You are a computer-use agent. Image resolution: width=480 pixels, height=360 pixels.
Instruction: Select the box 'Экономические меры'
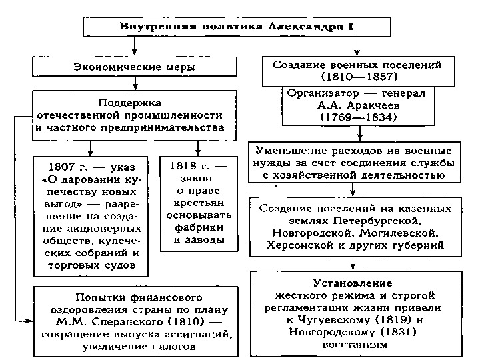pyautogui.click(x=135, y=66)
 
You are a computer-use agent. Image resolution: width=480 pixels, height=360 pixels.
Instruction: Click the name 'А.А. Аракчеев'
pyautogui.click(x=359, y=105)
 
